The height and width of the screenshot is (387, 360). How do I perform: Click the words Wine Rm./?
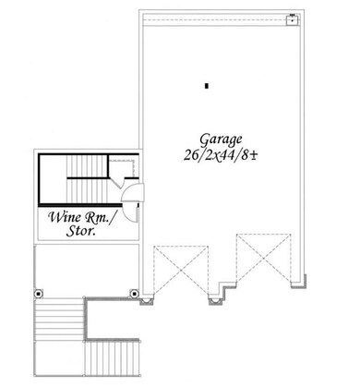(81, 219)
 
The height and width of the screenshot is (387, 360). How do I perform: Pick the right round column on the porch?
(134, 295)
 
